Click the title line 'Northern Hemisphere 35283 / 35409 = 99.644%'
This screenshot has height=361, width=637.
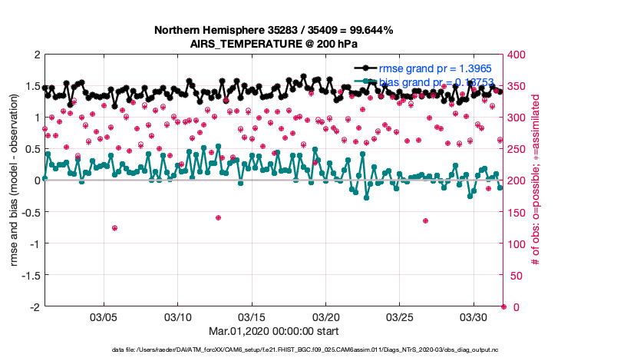[x=273, y=31]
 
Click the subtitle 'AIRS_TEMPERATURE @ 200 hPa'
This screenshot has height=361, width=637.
[x=273, y=44]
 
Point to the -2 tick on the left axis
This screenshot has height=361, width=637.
[x=35, y=306]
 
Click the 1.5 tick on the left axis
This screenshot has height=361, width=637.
[x=33, y=86]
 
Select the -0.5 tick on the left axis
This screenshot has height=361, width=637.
[x=31, y=212]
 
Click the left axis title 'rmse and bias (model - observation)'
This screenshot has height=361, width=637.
[x=15, y=180]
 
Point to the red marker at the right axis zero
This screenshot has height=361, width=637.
[x=503, y=306]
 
